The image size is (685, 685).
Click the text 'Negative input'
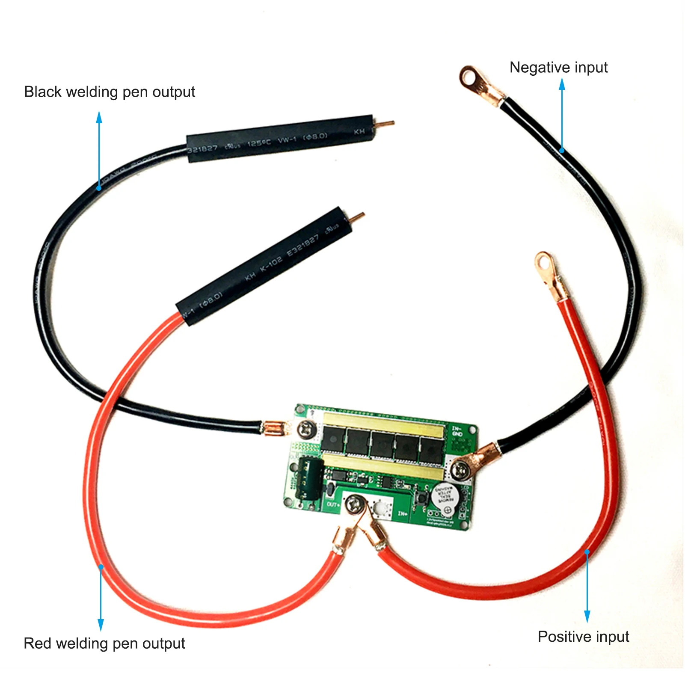(558, 68)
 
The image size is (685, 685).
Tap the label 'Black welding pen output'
(110, 92)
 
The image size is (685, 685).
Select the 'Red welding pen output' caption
(104, 643)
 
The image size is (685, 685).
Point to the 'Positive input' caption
(583, 637)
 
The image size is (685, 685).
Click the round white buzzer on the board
(445, 496)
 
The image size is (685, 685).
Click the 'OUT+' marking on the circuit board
(333, 505)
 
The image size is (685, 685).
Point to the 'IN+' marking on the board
(403, 513)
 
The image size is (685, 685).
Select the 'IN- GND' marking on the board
(457, 431)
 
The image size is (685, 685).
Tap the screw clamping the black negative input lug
(461, 471)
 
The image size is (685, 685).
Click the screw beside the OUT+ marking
(355, 504)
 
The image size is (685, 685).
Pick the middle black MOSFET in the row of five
(383, 445)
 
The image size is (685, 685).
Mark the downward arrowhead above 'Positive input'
(587, 617)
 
